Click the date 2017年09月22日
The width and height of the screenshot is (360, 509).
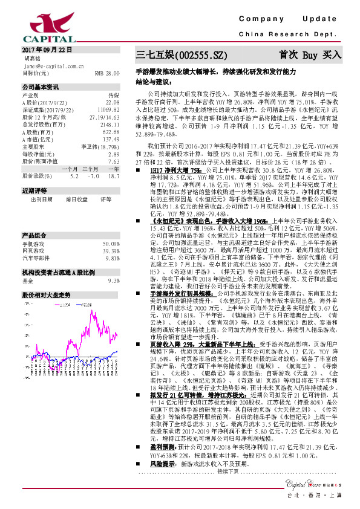coord(47,50)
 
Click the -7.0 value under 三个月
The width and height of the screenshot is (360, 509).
coord(93,176)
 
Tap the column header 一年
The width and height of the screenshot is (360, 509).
coord(113,169)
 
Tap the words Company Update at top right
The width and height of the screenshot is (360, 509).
coord(294,19)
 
